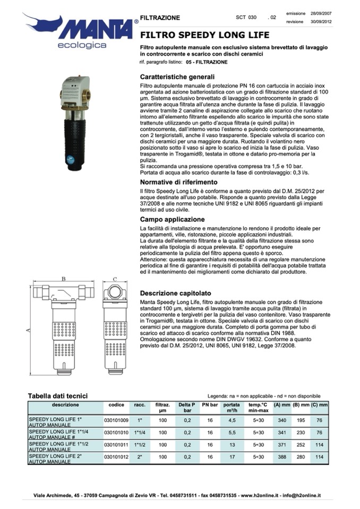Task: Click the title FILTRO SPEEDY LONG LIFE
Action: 204,36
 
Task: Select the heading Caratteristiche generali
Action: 177,76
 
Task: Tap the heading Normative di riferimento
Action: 179,182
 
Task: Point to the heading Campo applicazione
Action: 172,219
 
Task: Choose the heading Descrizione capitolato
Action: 176,293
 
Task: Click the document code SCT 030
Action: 246,18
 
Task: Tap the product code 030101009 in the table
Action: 116,420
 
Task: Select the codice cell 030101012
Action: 116,457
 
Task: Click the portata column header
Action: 232,408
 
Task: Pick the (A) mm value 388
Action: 282,457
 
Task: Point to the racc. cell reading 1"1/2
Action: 140,445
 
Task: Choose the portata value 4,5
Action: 232,420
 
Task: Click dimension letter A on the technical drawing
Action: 29,330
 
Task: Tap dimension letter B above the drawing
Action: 63,279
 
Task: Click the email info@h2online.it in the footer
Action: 303,495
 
